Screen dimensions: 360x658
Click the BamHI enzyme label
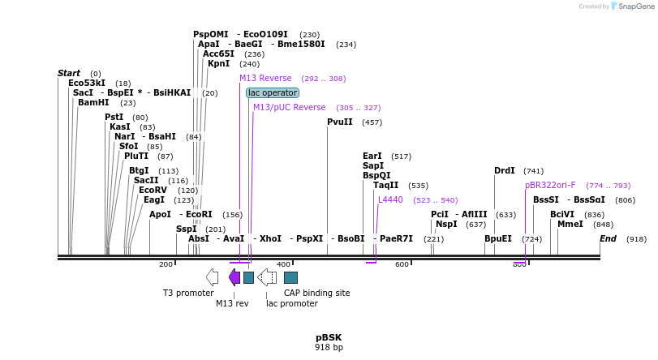92,103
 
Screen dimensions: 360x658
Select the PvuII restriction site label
339,122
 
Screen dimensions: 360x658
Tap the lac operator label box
273,93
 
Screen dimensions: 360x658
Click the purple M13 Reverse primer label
265,79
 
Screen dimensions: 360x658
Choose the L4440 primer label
390,200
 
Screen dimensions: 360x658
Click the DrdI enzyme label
505,171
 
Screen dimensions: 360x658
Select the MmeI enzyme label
570,225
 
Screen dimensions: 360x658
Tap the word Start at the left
68,74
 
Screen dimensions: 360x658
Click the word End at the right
608,239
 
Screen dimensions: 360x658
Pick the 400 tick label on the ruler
283,265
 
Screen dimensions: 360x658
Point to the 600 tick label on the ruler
402,265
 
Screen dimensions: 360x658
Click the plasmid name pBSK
329,337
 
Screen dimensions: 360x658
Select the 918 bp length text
329,348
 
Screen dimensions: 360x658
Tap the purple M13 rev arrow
234,277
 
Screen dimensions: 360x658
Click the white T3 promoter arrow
212,277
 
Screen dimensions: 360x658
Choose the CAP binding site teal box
290,277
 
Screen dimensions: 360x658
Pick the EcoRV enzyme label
153,191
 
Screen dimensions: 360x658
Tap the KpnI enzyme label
218,64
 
